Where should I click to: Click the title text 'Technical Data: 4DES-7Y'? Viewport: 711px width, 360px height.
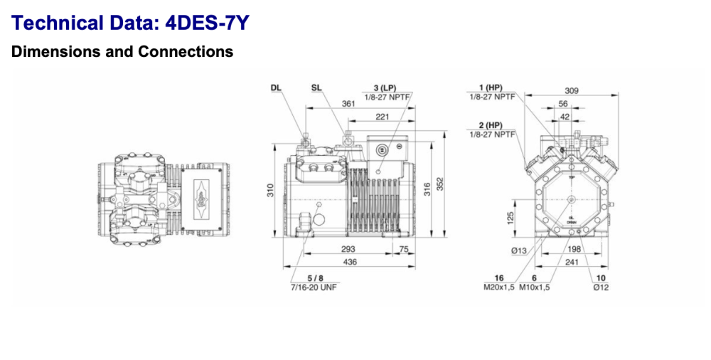pos(131,23)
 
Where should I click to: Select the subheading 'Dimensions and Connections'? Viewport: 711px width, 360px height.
pos(122,52)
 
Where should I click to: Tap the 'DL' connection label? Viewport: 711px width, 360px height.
pos(276,88)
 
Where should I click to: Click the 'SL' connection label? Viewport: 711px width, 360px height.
pos(316,88)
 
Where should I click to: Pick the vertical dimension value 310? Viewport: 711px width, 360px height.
pos(271,191)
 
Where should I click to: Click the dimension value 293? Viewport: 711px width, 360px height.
pos(348,250)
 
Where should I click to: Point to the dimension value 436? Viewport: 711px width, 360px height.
pos(350,262)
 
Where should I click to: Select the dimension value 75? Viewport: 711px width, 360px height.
pos(404,250)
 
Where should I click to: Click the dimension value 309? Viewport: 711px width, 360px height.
pos(571,91)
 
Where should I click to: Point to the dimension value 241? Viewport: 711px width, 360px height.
pos(572,262)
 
